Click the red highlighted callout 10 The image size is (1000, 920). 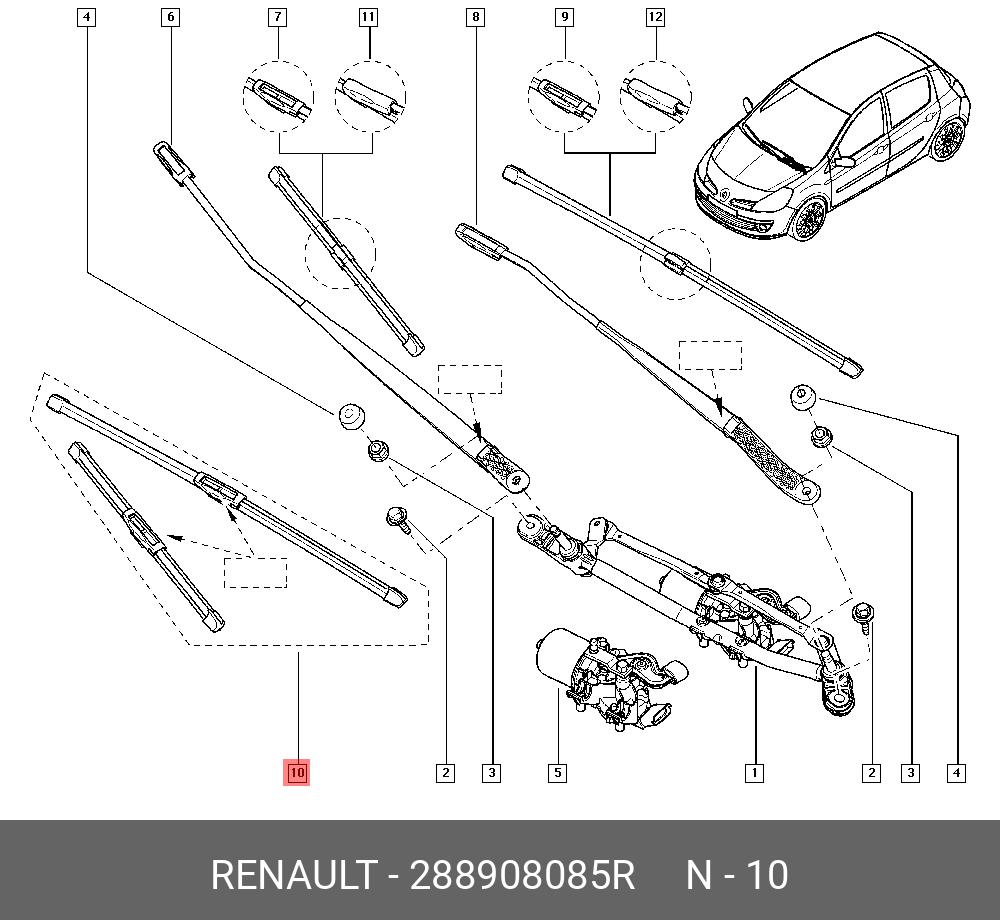coord(297,772)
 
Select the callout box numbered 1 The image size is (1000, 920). coord(754,772)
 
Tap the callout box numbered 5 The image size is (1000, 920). coord(557,772)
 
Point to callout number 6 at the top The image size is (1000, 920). coord(169,17)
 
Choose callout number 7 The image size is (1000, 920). coord(277,17)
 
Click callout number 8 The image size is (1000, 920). coord(474,17)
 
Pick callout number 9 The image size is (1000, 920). coord(564,17)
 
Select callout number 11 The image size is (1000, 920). coord(369,17)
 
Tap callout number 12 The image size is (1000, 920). coord(655,17)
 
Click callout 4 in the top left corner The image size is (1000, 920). coord(87,17)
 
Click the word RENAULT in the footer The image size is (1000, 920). coord(293,875)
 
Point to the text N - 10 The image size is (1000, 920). coord(736,875)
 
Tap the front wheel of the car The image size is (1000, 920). coord(806,218)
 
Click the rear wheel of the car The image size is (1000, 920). coord(945,140)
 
